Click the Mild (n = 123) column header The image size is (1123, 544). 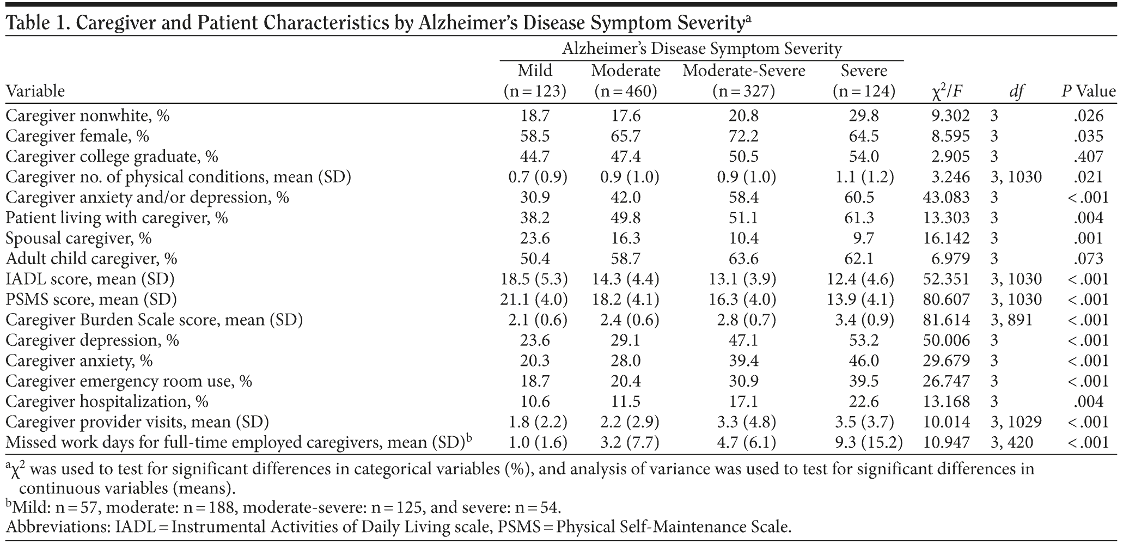535,81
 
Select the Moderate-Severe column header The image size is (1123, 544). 744,71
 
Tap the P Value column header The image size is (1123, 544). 1088,91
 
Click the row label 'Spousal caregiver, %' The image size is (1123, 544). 78,239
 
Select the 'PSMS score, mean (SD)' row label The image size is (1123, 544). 91,299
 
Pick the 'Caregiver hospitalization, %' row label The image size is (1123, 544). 107,402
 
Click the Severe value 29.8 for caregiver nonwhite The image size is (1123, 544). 864,116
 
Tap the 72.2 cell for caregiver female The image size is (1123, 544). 744,136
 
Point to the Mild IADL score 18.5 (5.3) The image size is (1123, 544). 534,279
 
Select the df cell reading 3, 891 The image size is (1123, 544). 1011,320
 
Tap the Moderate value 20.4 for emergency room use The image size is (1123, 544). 625,381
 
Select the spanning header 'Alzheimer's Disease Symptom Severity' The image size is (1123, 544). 702,49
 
